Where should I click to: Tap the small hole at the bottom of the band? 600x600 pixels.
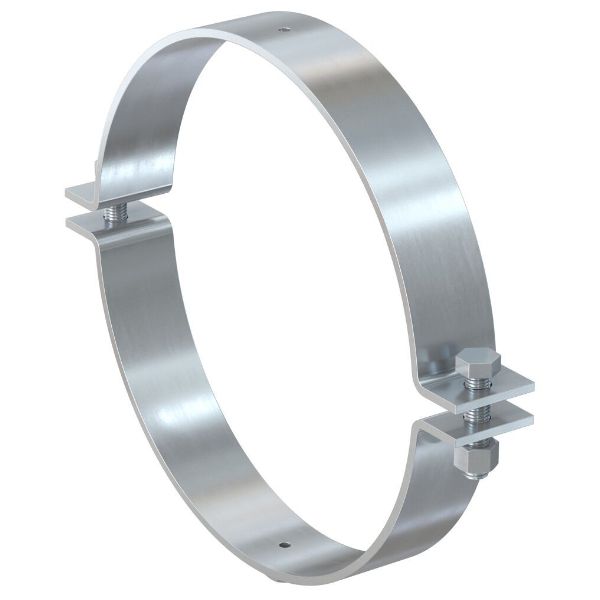[x=283, y=546]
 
